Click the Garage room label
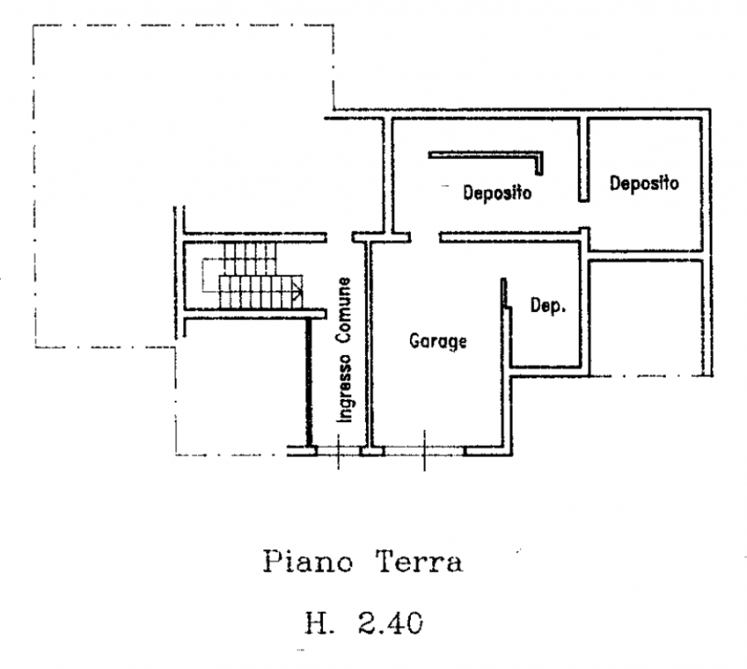click(x=437, y=342)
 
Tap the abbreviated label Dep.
click(x=547, y=306)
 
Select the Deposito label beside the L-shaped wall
click(x=497, y=194)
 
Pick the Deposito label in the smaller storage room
click(x=644, y=184)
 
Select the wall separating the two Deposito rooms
click(x=583, y=159)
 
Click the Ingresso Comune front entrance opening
click(x=339, y=450)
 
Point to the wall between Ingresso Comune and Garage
click(x=369, y=346)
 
